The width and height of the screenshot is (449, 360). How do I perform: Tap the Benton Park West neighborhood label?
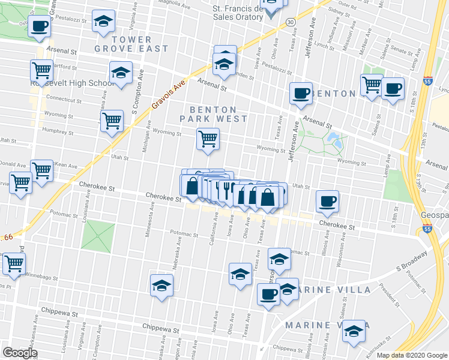click(218, 114)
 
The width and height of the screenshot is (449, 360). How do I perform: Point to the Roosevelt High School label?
click(73, 83)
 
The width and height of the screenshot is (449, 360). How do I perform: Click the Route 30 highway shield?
click(291, 22)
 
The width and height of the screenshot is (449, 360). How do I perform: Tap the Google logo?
click(20, 353)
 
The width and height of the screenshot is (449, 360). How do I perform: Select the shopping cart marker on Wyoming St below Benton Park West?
click(208, 139)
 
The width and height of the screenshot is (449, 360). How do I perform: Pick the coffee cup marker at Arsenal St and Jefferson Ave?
click(301, 93)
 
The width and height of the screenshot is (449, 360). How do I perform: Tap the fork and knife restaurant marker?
click(226, 190)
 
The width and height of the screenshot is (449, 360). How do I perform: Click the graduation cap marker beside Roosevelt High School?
click(121, 73)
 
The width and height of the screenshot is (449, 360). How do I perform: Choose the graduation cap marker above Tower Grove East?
click(103, 22)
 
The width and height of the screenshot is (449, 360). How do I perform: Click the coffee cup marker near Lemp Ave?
click(393, 88)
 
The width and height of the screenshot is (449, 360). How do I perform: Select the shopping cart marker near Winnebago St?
click(13, 263)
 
